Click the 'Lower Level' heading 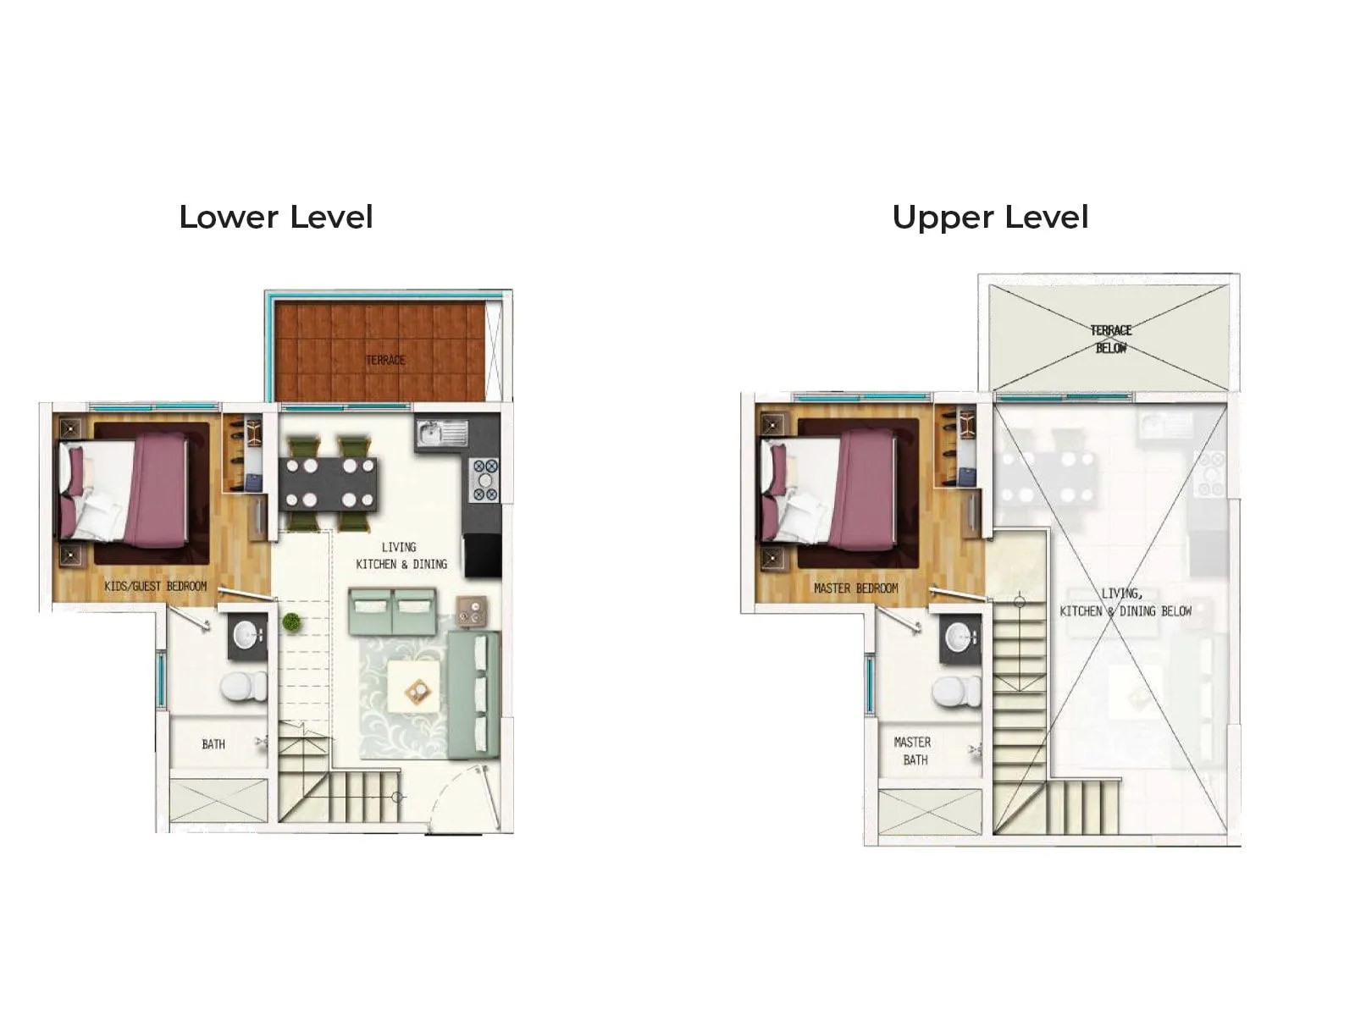click(275, 218)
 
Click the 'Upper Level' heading click(989, 218)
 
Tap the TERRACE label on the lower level click(385, 360)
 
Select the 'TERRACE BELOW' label click(1110, 339)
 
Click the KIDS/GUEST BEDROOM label click(155, 586)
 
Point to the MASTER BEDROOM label click(855, 588)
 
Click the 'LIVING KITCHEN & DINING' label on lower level click(401, 555)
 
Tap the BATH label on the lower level click(213, 744)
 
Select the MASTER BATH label click(913, 751)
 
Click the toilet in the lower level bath click(244, 687)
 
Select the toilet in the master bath click(956, 690)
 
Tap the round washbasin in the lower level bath click(247, 636)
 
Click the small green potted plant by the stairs click(291, 622)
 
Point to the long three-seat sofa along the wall click(473, 693)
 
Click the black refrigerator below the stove click(483, 555)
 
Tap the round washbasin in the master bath click(960, 637)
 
